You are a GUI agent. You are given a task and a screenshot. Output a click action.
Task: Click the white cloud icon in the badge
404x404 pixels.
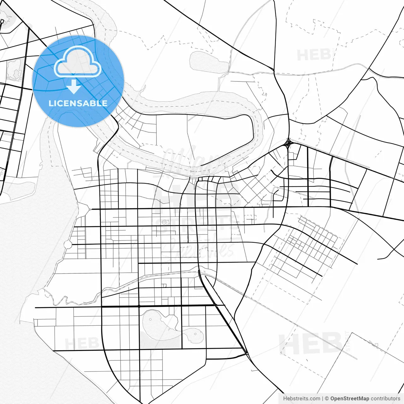pyautogui.click(x=78, y=62)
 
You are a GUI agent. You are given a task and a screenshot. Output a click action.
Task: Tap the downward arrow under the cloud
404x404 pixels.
pyautogui.click(x=74, y=87)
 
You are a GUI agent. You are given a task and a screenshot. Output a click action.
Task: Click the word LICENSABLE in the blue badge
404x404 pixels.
pyautogui.click(x=78, y=103)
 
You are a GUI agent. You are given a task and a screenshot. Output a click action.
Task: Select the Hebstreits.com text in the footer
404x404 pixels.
pyautogui.click(x=301, y=399)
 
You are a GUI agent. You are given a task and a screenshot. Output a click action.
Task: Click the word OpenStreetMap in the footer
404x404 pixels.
pyautogui.click(x=350, y=399)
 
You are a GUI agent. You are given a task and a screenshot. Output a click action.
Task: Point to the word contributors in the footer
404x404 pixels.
pyautogui.click(x=385, y=399)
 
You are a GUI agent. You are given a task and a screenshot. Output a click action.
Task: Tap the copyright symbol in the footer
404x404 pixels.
pyautogui.click(x=327, y=399)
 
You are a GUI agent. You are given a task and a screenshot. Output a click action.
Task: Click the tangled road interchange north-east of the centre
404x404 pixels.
pyautogui.click(x=288, y=144)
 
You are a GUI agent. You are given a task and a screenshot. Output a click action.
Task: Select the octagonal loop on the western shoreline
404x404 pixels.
pyautogui.click(x=67, y=244)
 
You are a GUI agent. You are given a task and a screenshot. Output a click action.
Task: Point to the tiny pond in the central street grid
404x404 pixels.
pyautogui.click(x=164, y=223)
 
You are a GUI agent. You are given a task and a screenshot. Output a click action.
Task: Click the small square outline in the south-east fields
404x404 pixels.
pyautogui.click(x=376, y=344)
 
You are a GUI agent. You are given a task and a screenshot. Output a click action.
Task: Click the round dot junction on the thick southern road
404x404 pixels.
pyautogui.click(x=139, y=306)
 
